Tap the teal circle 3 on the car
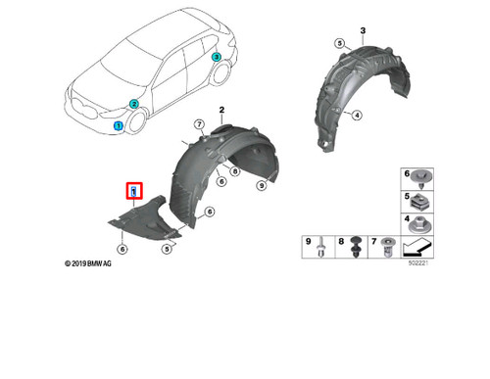point(217,59)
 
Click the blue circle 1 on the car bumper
point(119,126)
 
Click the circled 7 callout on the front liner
point(199,124)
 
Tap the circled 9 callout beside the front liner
point(261,184)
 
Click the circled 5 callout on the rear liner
point(339,44)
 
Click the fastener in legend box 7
point(385,251)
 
